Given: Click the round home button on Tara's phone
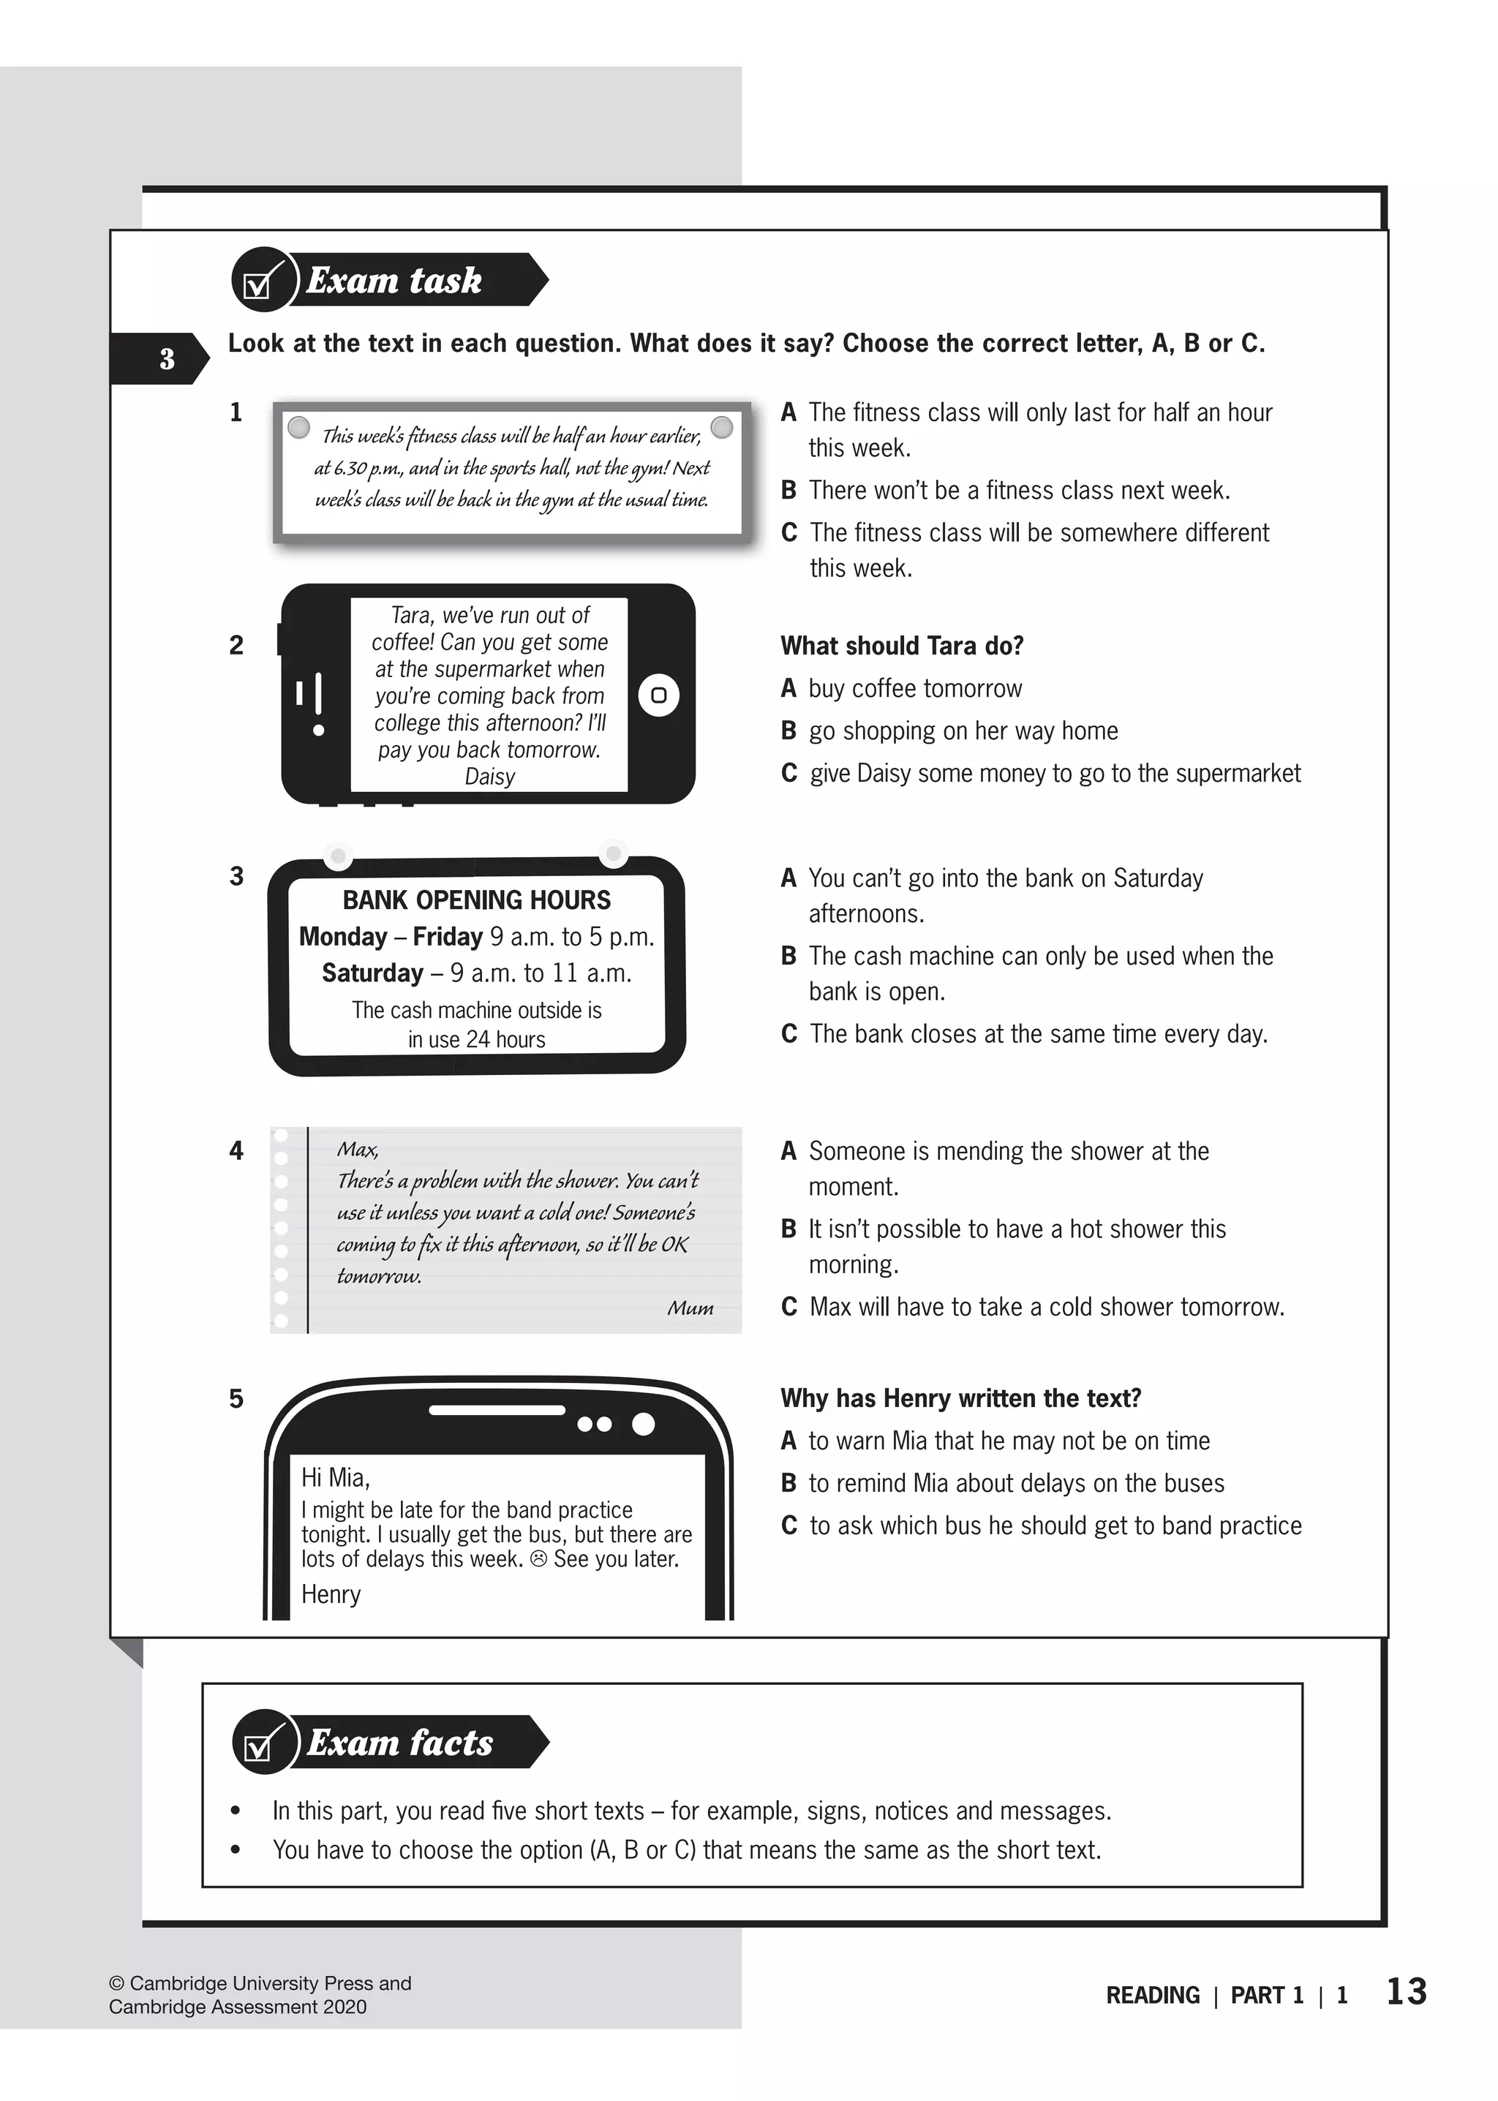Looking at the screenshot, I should click(x=658, y=695).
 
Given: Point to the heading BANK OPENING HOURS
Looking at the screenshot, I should click(x=476, y=900).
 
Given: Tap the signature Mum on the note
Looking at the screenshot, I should click(x=690, y=1308).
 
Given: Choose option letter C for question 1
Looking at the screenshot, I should click(x=788, y=533).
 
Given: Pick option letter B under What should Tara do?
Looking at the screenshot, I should click(x=788, y=731).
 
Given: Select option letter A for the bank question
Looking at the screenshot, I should click(x=788, y=878).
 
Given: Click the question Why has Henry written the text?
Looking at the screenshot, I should click(x=960, y=1398).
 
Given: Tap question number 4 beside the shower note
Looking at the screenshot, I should click(x=236, y=1151).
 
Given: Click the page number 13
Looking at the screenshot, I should click(x=1406, y=1992).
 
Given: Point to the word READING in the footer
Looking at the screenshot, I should click(x=1152, y=1996).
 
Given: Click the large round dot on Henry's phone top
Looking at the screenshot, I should click(x=643, y=1424).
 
